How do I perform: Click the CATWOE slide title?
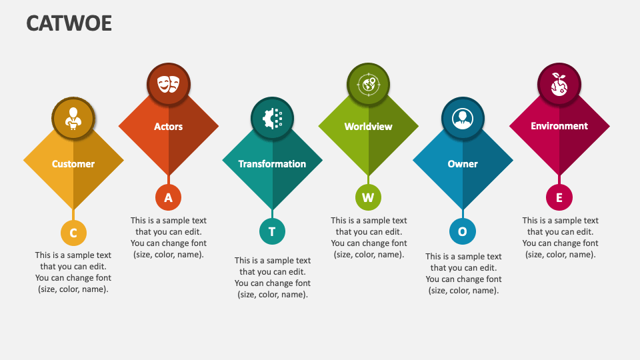pyautogui.click(x=69, y=23)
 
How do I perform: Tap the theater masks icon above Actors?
pyautogui.click(x=168, y=83)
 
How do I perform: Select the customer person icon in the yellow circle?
pyautogui.click(x=73, y=119)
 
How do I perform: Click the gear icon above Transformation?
pyautogui.click(x=272, y=119)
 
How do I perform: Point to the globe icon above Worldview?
pyautogui.click(x=368, y=84)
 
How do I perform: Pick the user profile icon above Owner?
pyautogui.click(x=462, y=119)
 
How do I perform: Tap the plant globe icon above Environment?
pyautogui.click(x=559, y=84)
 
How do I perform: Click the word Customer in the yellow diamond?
pyautogui.click(x=73, y=164)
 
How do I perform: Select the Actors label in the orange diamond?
pyautogui.click(x=168, y=127)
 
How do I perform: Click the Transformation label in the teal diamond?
pyautogui.click(x=272, y=164)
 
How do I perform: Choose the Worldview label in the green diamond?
pyautogui.click(x=368, y=127)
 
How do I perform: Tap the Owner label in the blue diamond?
pyautogui.click(x=463, y=164)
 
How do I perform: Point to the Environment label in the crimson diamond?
pyautogui.click(x=559, y=126)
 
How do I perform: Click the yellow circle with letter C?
pyautogui.click(x=73, y=233)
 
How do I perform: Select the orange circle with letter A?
pyautogui.click(x=168, y=197)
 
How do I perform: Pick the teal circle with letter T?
pyautogui.click(x=272, y=231)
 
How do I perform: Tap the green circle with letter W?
pyautogui.click(x=368, y=197)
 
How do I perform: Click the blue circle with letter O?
pyautogui.click(x=462, y=231)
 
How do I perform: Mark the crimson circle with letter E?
pyautogui.click(x=559, y=197)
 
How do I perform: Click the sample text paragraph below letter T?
pyautogui.click(x=272, y=277)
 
